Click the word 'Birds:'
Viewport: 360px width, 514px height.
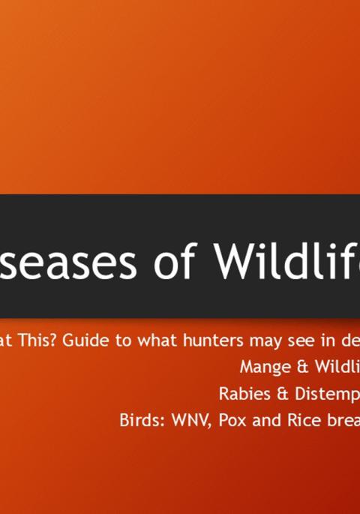click(140, 420)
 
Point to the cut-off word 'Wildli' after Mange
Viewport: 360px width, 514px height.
click(333, 367)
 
